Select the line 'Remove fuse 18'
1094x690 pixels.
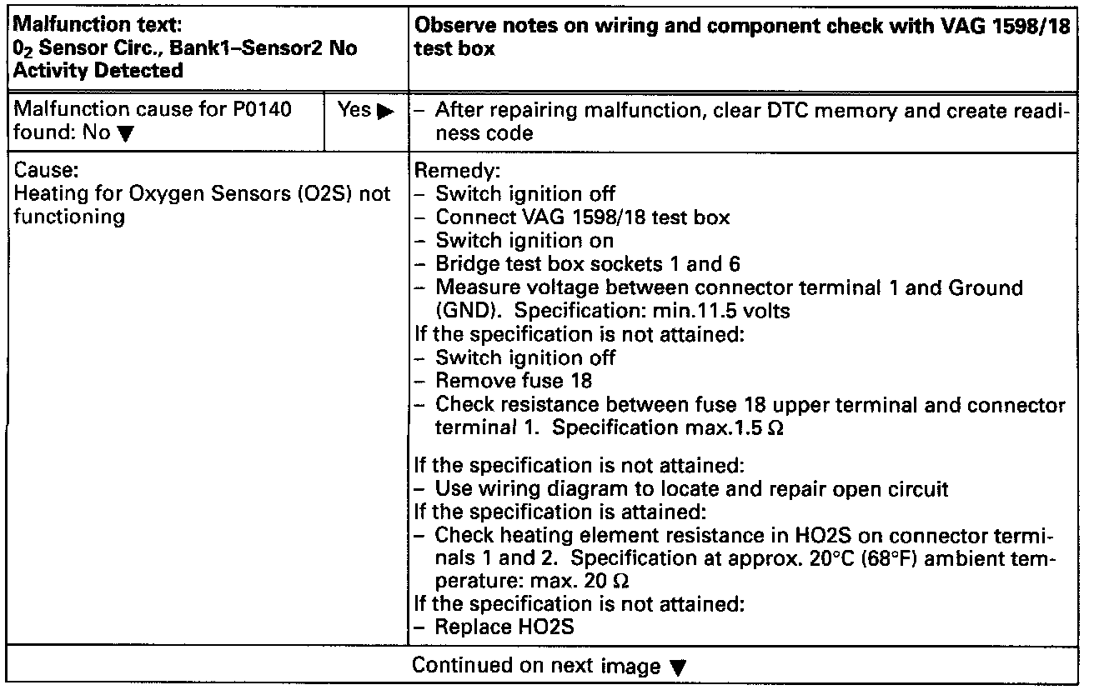click(x=514, y=381)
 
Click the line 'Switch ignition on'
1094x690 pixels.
click(x=524, y=242)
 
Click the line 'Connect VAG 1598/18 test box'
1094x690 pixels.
click(x=583, y=218)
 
